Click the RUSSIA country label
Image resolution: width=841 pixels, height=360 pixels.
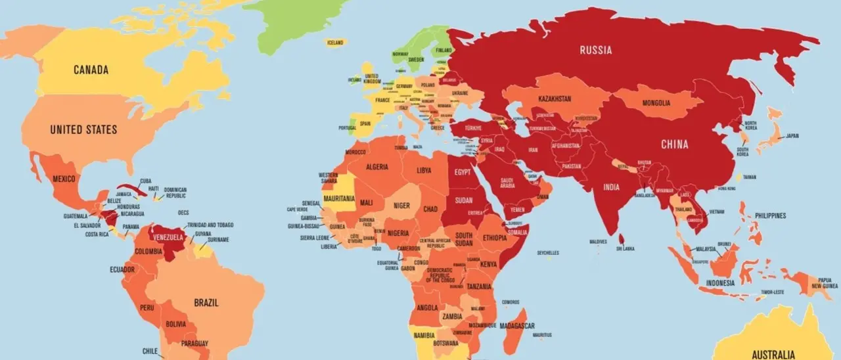596,50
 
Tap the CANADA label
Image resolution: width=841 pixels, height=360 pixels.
91,70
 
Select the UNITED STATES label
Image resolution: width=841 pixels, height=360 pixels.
83,129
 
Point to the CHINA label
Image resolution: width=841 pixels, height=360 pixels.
675,144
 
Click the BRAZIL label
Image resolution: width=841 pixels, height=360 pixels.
206,303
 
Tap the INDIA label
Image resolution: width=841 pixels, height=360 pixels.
611,187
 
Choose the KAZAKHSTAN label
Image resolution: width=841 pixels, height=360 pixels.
555,99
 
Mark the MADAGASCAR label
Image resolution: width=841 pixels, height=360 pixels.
516,326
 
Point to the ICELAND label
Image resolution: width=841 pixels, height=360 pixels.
335,43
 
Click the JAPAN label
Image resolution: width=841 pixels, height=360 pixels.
792,136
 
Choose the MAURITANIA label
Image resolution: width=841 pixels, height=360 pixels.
340,198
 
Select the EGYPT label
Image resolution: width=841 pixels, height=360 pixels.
463,172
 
